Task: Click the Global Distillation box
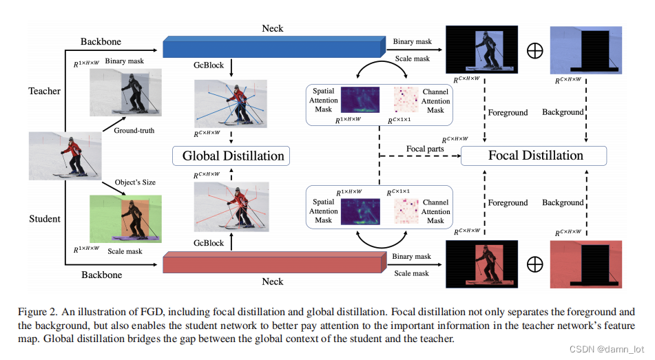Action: click(233, 156)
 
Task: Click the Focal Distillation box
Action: click(534, 156)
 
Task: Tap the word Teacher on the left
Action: click(44, 91)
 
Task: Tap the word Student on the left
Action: click(44, 219)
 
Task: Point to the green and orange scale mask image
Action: click(125, 218)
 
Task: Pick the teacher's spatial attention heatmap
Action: click(360, 100)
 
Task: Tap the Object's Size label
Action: click(136, 182)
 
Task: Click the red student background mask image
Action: click(586, 264)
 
